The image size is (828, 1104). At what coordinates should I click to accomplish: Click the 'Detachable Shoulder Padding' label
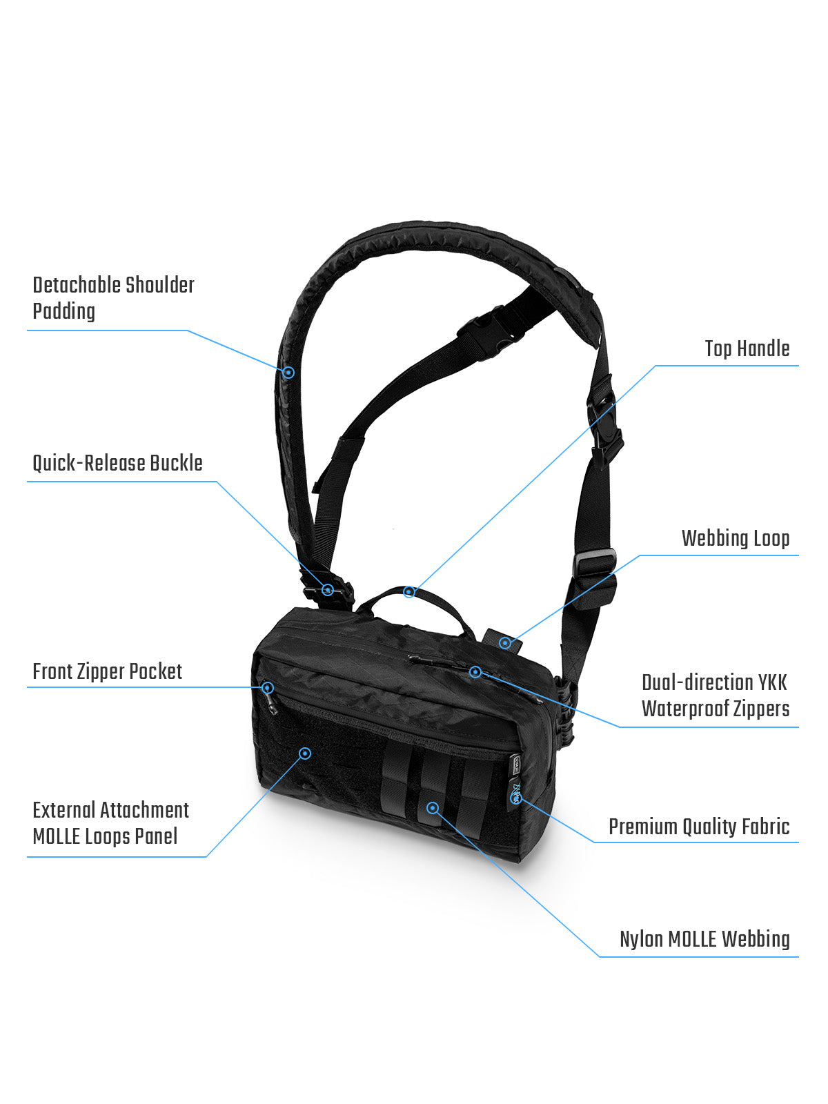tap(113, 298)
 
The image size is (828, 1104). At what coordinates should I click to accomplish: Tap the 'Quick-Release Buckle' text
tap(117, 463)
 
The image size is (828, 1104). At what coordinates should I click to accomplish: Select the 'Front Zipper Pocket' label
tap(107, 671)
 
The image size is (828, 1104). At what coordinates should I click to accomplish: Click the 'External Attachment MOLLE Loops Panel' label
tap(110, 823)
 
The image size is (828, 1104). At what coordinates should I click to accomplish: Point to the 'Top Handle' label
tap(747, 348)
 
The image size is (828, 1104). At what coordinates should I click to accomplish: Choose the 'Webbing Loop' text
tap(735, 538)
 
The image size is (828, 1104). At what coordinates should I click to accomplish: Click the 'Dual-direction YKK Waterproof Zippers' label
tap(715, 696)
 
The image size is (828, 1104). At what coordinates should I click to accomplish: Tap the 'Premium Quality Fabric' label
tap(698, 827)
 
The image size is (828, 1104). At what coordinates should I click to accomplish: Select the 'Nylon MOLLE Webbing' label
tap(704, 939)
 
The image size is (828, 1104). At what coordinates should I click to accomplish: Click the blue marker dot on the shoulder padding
tap(288, 373)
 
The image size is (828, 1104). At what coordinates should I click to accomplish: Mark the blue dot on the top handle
tap(409, 592)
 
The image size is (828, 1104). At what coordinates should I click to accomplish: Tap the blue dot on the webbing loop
tap(505, 643)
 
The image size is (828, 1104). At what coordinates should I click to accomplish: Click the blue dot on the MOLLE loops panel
tap(305, 753)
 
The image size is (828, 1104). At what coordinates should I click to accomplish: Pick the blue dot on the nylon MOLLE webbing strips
tap(433, 808)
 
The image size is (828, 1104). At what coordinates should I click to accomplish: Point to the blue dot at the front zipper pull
tap(268, 688)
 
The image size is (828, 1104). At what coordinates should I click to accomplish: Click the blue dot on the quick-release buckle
tap(328, 590)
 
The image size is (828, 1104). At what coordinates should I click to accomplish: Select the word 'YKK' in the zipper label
tap(772, 682)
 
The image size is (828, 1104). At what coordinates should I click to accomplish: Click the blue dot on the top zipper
tap(475, 672)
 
